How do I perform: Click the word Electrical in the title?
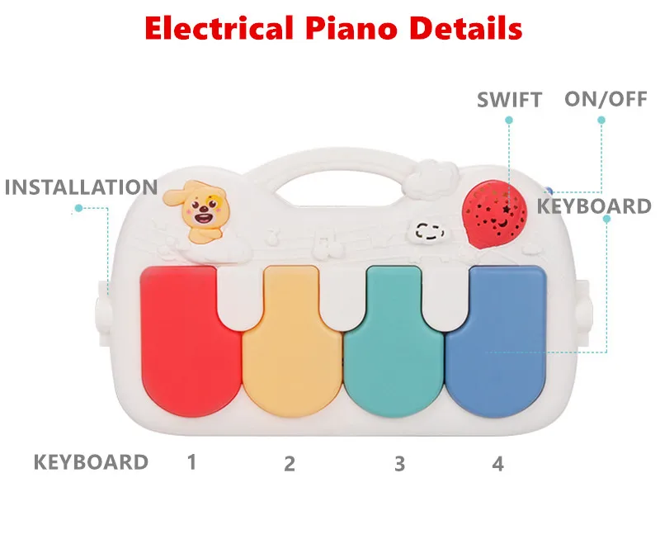[x=219, y=28]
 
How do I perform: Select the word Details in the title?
[x=465, y=28]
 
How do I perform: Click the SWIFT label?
[x=509, y=100]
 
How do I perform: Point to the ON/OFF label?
[x=606, y=99]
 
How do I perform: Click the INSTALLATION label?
[x=81, y=187]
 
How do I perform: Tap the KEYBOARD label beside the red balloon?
[x=594, y=206]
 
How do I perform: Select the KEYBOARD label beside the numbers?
[x=91, y=462]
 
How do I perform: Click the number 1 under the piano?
[x=192, y=462]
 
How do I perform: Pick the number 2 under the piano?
[x=290, y=464]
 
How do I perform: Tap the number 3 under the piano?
[x=400, y=464]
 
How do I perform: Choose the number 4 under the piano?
[x=498, y=464]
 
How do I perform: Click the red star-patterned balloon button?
[x=494, y=214]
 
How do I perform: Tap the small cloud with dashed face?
[x=427, y=232]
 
